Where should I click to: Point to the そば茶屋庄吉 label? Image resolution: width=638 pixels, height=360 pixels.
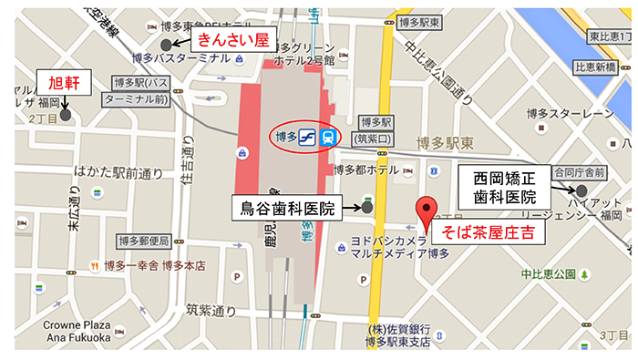(488, 233)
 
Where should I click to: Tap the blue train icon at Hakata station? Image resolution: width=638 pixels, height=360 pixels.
(327, 137)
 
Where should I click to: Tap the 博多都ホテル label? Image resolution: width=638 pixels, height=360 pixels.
(366, 170)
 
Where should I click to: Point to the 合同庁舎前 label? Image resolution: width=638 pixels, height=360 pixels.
(582, 171)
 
